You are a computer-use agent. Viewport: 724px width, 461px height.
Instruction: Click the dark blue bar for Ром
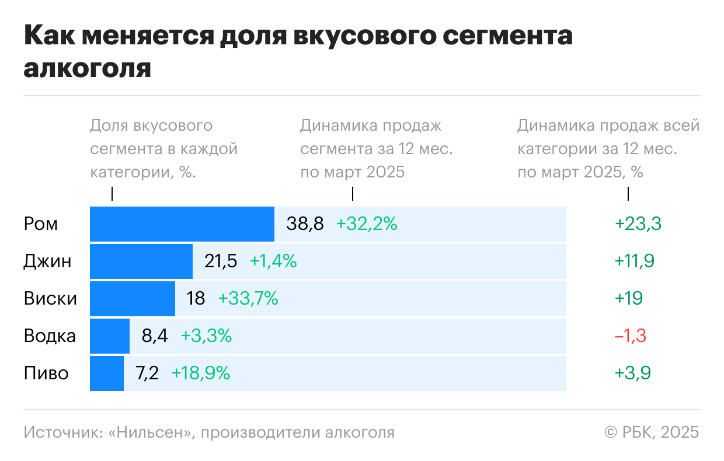[182, 224]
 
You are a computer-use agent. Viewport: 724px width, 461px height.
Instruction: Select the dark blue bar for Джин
[141, 261]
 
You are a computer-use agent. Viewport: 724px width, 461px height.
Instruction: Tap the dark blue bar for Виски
[132, 299]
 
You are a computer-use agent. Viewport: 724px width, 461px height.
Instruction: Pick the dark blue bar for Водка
[110, 336]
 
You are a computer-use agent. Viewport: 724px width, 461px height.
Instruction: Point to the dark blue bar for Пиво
[107, 373]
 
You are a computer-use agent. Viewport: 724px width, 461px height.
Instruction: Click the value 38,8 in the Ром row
[305, 224]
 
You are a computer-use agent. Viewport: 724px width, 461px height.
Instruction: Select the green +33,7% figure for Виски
[248, 299]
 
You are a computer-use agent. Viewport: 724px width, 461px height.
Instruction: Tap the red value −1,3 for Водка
[630, 336]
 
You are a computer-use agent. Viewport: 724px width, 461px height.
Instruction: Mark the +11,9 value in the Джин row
[634, 261]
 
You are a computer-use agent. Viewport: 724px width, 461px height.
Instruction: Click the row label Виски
[50, 299]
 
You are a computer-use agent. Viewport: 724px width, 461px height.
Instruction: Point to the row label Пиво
[46, 373]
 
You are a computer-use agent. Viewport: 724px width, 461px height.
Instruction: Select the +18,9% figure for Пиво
[200, 373]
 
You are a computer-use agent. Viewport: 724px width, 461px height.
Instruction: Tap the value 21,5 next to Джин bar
[221, 261]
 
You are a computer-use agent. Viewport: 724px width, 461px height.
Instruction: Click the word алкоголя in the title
[88, 68]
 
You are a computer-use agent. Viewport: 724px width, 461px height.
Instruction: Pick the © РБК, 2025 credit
[652, 432]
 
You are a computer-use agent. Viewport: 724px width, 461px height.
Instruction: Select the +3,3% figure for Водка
[206, 336]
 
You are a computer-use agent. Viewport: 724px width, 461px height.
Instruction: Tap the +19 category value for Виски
[628, 299]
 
